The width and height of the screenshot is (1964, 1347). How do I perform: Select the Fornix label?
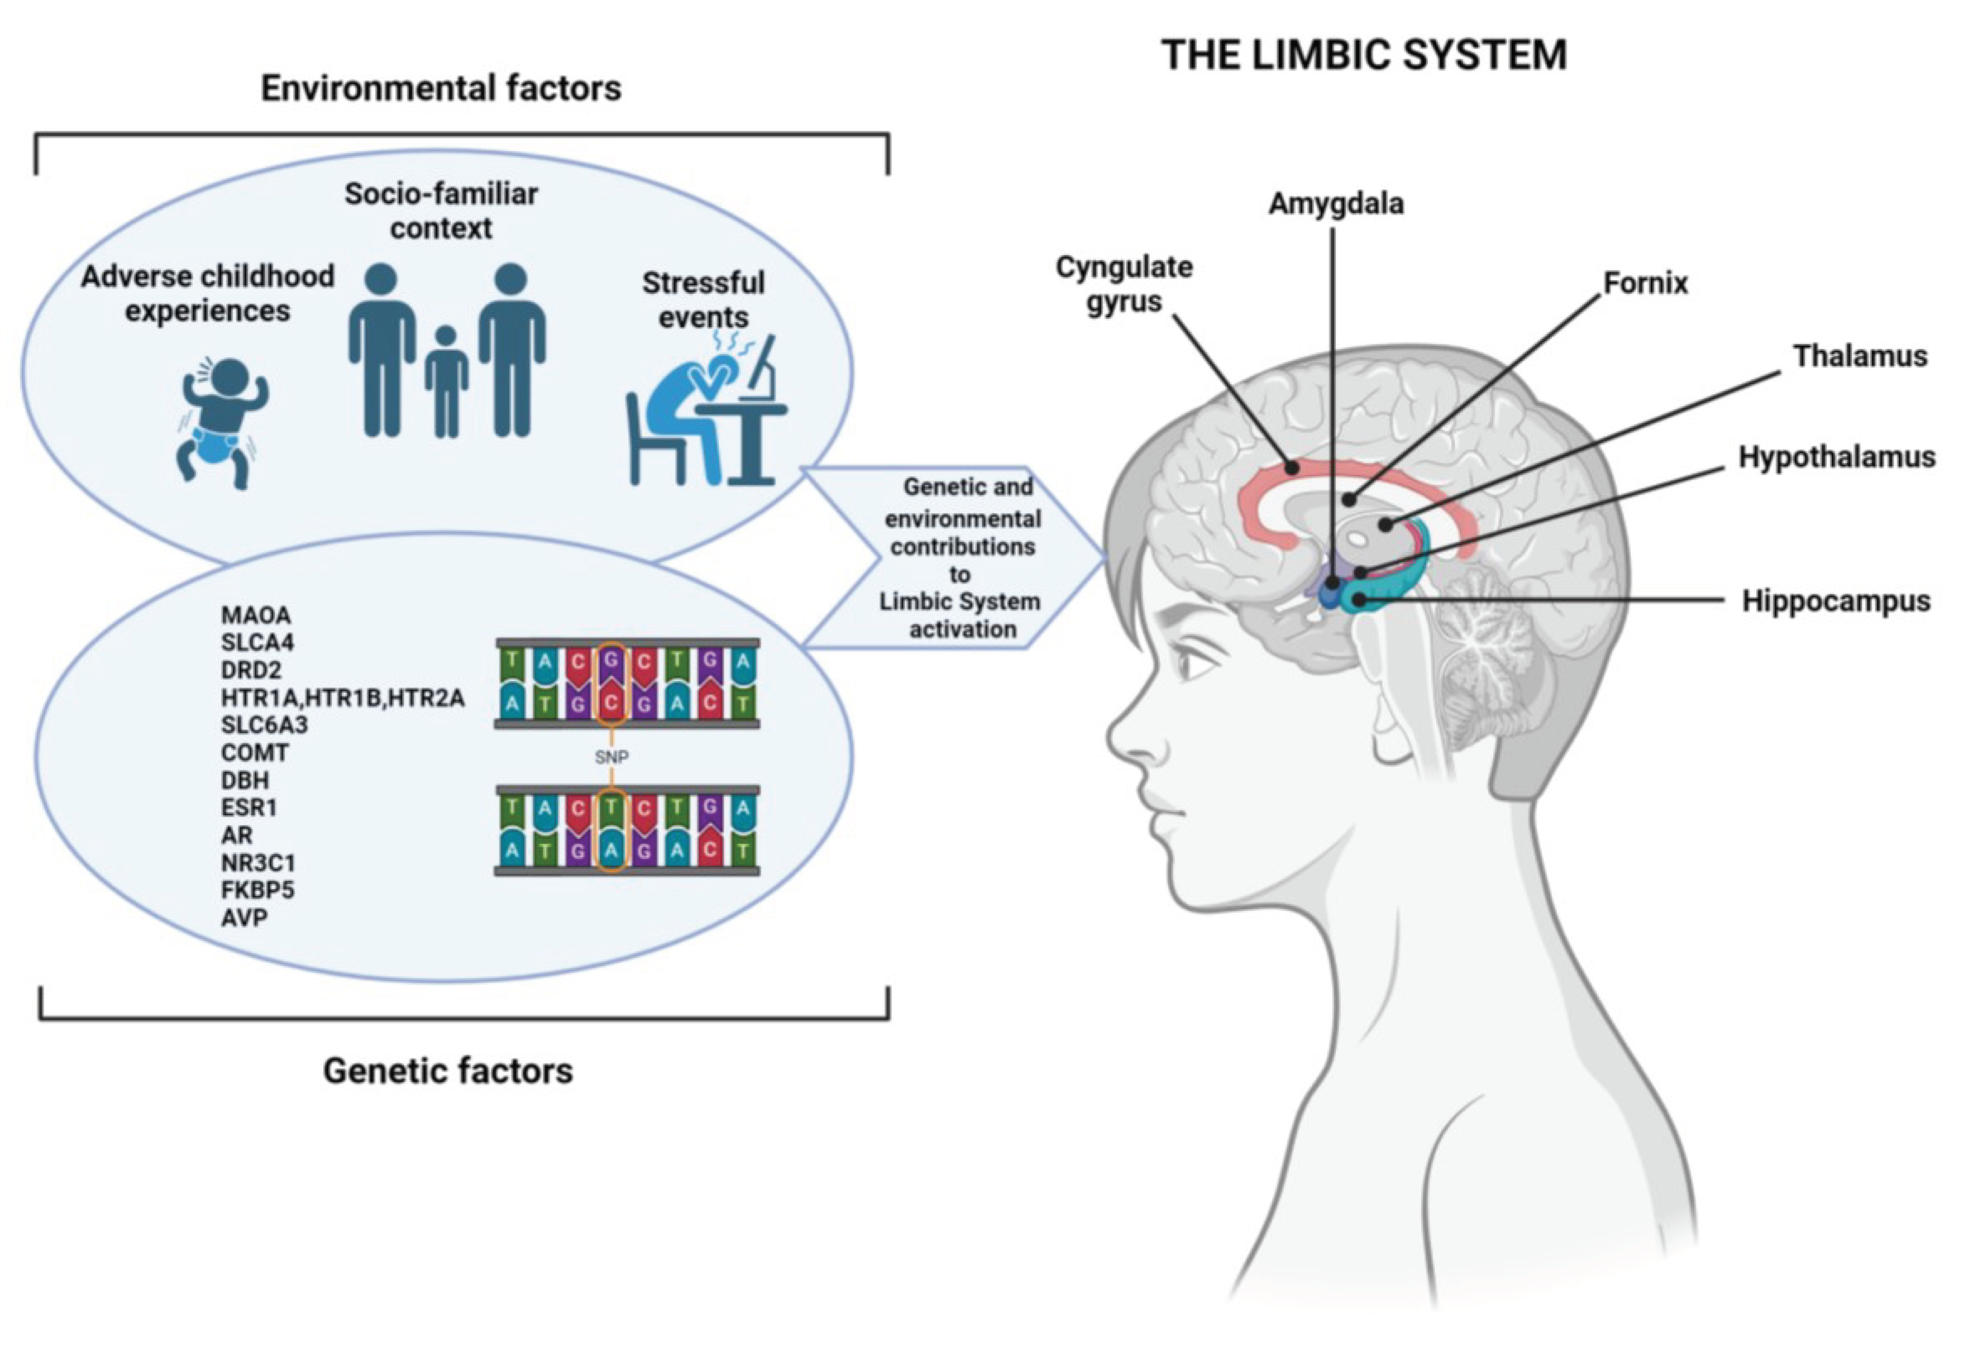coord(1645,283)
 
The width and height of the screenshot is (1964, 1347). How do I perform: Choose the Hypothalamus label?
coord(1836,457)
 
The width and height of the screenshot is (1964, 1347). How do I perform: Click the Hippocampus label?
coord(1836,601)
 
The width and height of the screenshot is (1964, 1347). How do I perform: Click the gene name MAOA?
coord(255,615)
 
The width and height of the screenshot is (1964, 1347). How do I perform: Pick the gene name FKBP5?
coord(258,890)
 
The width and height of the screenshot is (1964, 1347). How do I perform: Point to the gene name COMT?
coord(255,752)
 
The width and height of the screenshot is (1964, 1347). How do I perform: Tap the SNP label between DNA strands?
coord(611,757)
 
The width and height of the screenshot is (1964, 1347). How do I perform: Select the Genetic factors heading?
coord(447,1071)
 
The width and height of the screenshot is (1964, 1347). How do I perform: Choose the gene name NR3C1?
coord(258,863)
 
